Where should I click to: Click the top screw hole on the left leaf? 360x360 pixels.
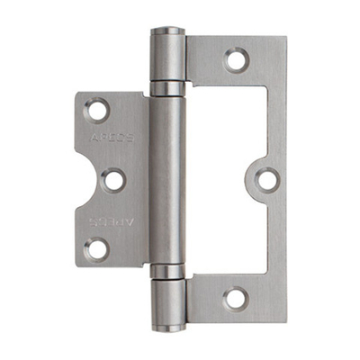96,112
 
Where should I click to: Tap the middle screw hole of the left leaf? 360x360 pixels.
112,180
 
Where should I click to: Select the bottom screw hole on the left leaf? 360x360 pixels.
96,248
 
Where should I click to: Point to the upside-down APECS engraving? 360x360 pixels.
115,219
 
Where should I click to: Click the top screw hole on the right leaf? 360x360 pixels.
236,61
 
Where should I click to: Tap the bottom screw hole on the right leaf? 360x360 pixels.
236,296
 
